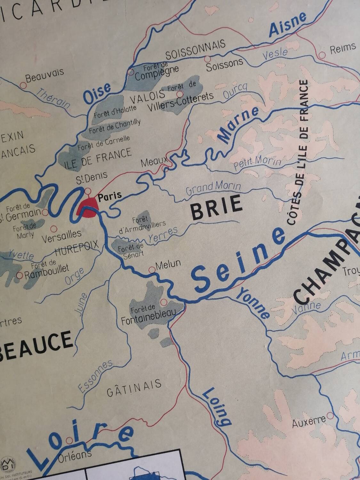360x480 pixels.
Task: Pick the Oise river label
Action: click(97, 93)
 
